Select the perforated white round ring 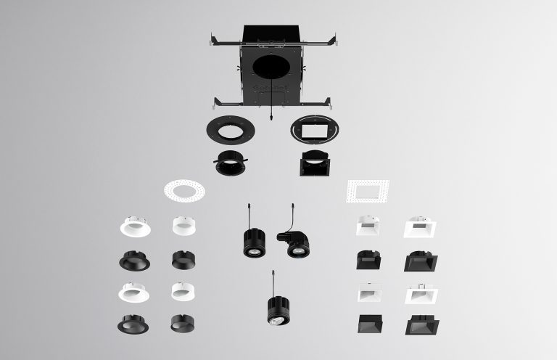[184, 192]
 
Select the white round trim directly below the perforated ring [183, 226]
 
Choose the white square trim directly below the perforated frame [367, 227]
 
